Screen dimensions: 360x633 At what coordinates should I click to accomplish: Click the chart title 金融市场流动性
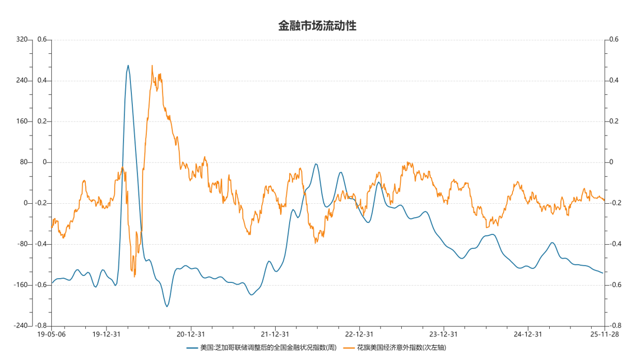(x=317, y=26)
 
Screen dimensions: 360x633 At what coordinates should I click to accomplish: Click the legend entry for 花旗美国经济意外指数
(x=401, y=348)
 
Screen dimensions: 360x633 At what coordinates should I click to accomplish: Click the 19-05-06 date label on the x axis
(x=51, y=334)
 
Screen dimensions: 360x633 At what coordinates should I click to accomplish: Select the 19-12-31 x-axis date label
(x=107, y=334)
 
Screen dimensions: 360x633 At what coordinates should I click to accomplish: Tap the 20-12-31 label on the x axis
(x=191, y=334)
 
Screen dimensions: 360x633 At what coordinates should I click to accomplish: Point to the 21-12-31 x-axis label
(x=275, y=334)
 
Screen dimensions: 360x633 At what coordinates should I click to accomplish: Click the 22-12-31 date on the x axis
(x=359, y=334)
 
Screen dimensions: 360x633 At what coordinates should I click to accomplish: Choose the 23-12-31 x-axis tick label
(x=443, y=334)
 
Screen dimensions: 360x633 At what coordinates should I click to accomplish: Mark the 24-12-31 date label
(x=527, y=334)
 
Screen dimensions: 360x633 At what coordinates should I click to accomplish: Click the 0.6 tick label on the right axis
(x=614, y=40)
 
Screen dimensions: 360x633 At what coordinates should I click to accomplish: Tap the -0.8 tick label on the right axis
(x=615, y=326)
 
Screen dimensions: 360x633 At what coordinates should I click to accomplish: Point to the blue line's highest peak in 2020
(x=128, y=66)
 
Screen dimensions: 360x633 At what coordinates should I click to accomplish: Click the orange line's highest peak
(x=152, y=66)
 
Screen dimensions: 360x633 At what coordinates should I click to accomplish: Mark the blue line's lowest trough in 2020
(x=167, y=307)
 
